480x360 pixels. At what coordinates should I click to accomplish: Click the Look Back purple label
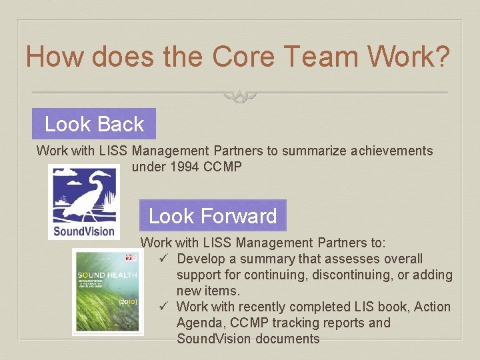(94, 124)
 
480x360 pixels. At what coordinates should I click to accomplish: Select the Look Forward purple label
(213, 216)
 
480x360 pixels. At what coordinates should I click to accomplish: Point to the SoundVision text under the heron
(84, 231)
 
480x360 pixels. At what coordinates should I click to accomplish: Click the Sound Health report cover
(107, 291)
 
